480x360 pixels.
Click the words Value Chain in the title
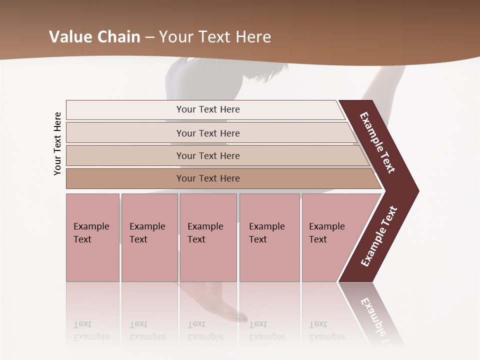(94, 36)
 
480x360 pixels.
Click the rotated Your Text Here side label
(58, 143)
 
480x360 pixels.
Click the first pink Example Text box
(92, 237)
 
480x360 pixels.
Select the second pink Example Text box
(149, 237)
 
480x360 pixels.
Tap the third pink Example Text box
(208, 237)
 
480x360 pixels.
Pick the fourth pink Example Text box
(269, 237)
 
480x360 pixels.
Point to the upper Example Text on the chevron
(377, 142)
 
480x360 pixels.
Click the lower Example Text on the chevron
(378, 236)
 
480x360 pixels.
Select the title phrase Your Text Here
(215, 36)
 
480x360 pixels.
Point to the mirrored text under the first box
(91, 330)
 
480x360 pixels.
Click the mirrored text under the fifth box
(326, 330)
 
